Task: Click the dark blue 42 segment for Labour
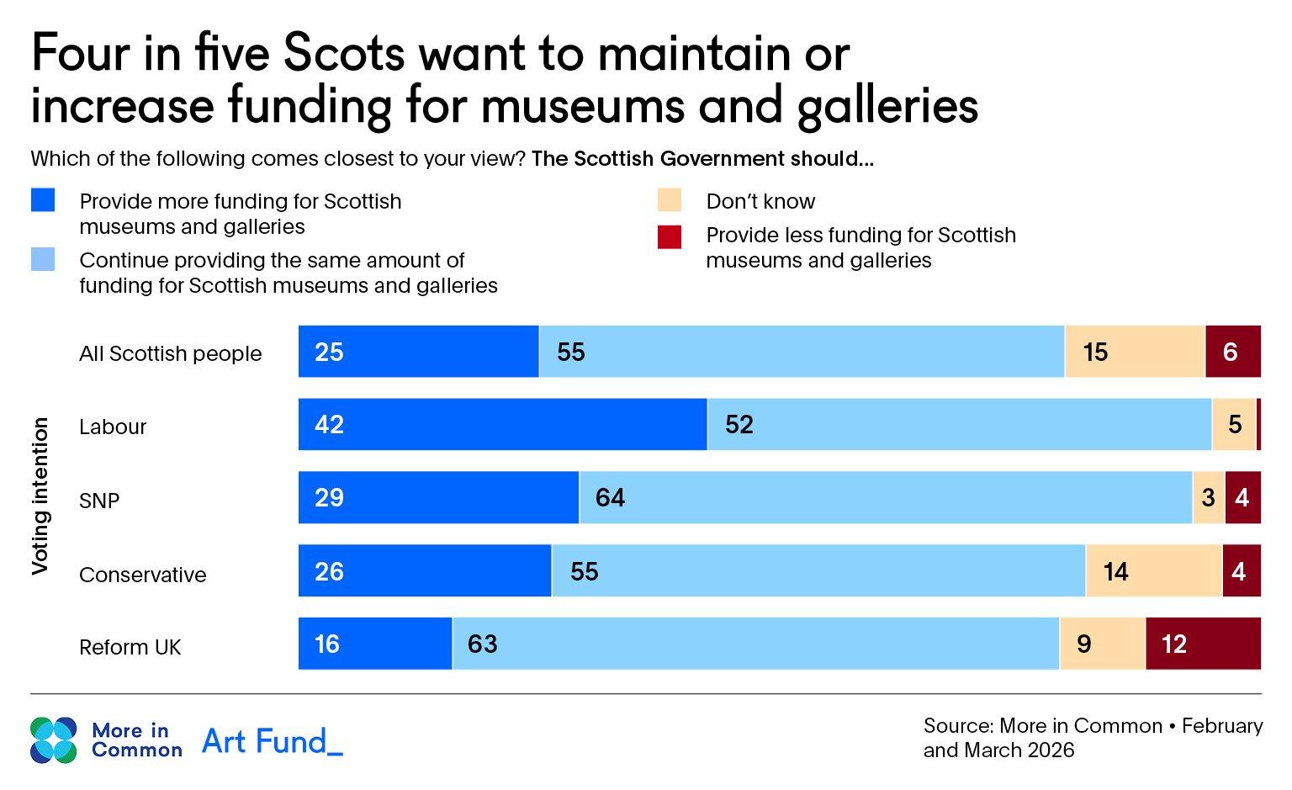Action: pyautogui.click(x=502, y=425)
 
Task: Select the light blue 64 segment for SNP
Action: pyautogui.click(x=885, y=498)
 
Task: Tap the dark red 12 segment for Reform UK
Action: pyautogui.click(x=1203, y=644)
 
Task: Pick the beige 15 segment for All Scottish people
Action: pyautogui.click(x=1134, y=352)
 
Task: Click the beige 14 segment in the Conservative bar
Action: pyautogui.click(x=1153, y=571)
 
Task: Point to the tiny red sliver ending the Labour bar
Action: pyautogui.click(x=1258, y=425)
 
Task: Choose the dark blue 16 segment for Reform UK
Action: pyautogui.click(x=375, y=644)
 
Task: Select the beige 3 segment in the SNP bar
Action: pyautogui.click(x=1208, y=498)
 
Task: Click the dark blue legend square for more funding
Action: pyautogui.click(x=43, y=200)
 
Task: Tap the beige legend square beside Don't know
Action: pyautogui.click(x=670, y=200)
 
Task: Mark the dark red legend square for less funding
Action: pyautogui.click(x=670, y=237)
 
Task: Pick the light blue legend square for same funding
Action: pyautogui.click(x=43, y=259)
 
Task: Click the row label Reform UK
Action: pyautogui.click(x=130, y=647)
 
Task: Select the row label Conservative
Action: pyautogui.click(x=142, y=575)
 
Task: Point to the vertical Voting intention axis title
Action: pyautogui.click(x=40, y=496)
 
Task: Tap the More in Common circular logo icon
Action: pyautogui.click(x=53, y=740)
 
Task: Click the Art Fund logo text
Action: pyautogui.click(x=273, y=741)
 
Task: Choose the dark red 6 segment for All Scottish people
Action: pyautogui.click(x=1232, y=352)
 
